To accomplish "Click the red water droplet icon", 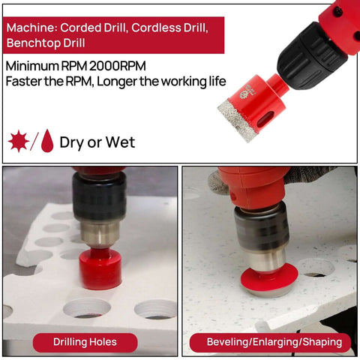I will point(47,141).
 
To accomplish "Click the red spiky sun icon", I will point(18,141).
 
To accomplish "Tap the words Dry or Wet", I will point(97,142).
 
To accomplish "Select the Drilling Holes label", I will point(85,342).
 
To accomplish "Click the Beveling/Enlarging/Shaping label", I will point(270,342).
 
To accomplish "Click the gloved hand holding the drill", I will point(217,180).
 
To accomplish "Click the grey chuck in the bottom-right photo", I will point(260,229).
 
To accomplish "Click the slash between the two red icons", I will point(34,141).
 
